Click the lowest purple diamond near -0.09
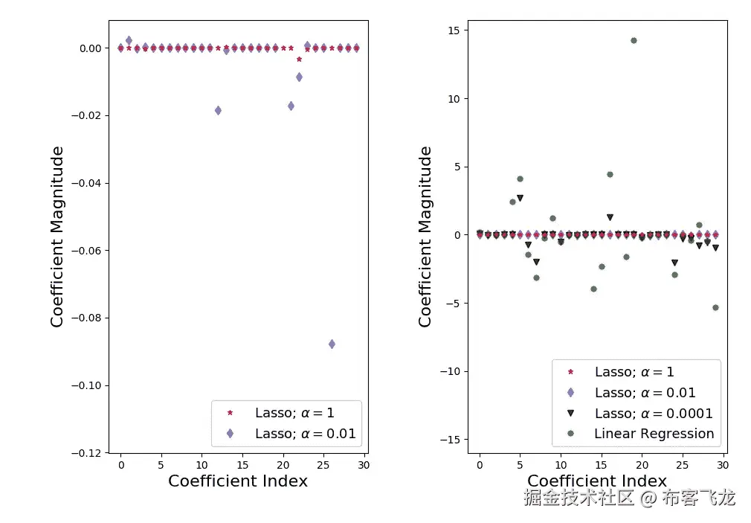pos(332,344)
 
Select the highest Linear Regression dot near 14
pos(634,40)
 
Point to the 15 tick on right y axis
pos(454,31)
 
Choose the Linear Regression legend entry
pos(654,434)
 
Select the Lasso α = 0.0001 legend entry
pos(654,413)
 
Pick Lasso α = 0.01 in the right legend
pos(645,393)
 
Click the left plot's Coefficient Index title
pos(238,481)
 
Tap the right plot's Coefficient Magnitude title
pos(425,237)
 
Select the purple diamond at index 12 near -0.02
pos(218,110)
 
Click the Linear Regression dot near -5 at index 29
pos(715,307)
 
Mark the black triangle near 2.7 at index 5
pos(520,198)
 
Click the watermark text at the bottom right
pos(629,498)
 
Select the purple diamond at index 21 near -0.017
pos(291,106)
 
